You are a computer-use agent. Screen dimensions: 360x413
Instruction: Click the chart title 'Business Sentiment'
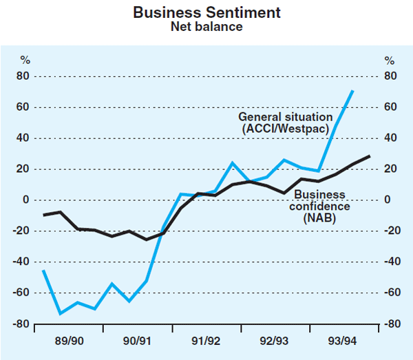point(206,12)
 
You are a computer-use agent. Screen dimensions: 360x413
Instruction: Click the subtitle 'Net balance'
point(206,27)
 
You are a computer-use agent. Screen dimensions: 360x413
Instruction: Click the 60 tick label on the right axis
point(391,107)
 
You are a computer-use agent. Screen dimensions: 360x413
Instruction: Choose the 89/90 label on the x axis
point(69,341)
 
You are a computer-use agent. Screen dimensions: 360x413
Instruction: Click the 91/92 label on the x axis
point(206,341)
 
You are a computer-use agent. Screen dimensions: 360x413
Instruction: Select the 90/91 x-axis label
point(137,341)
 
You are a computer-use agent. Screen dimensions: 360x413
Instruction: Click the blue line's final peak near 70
point(353,91)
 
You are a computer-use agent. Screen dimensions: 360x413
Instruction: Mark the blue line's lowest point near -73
point(61,313)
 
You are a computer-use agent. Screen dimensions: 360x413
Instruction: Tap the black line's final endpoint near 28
point(370,156)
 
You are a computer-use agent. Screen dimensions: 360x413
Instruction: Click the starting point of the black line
point(43,215)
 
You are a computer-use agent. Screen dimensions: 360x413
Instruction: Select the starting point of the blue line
point(43,270)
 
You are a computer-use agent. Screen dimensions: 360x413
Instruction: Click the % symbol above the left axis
point(25,60)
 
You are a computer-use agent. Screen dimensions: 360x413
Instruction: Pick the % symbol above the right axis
point(389,60)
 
